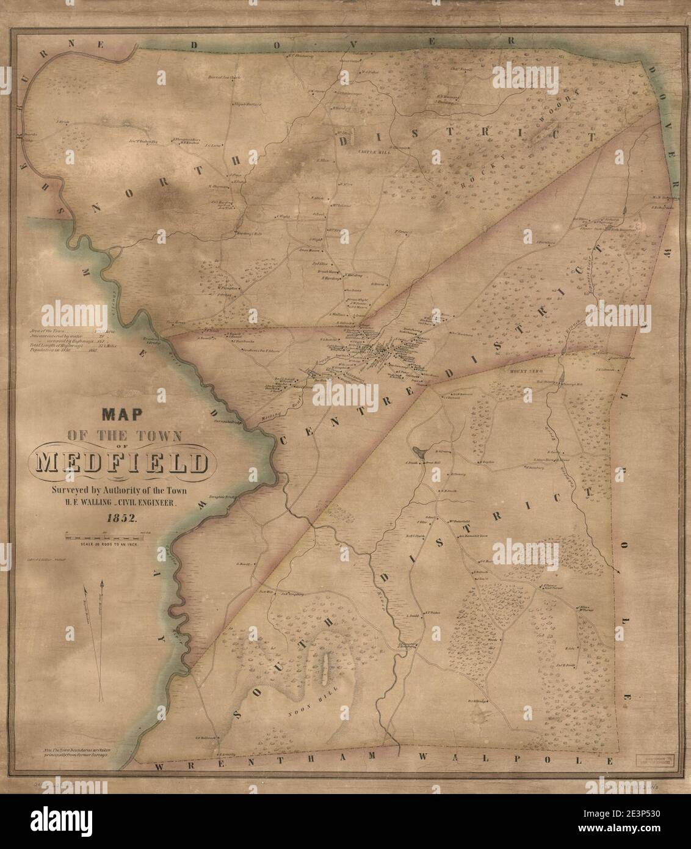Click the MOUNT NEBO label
pyautogui.click(x=516, y=371)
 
